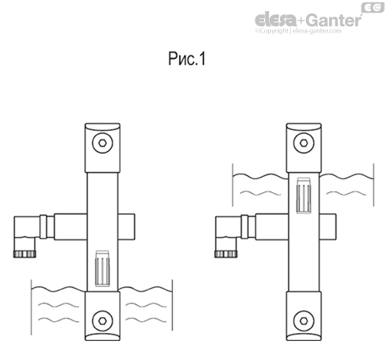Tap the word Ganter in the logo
pos(333,20)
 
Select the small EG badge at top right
pos(371,7)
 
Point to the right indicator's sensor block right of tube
pos(328,228)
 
